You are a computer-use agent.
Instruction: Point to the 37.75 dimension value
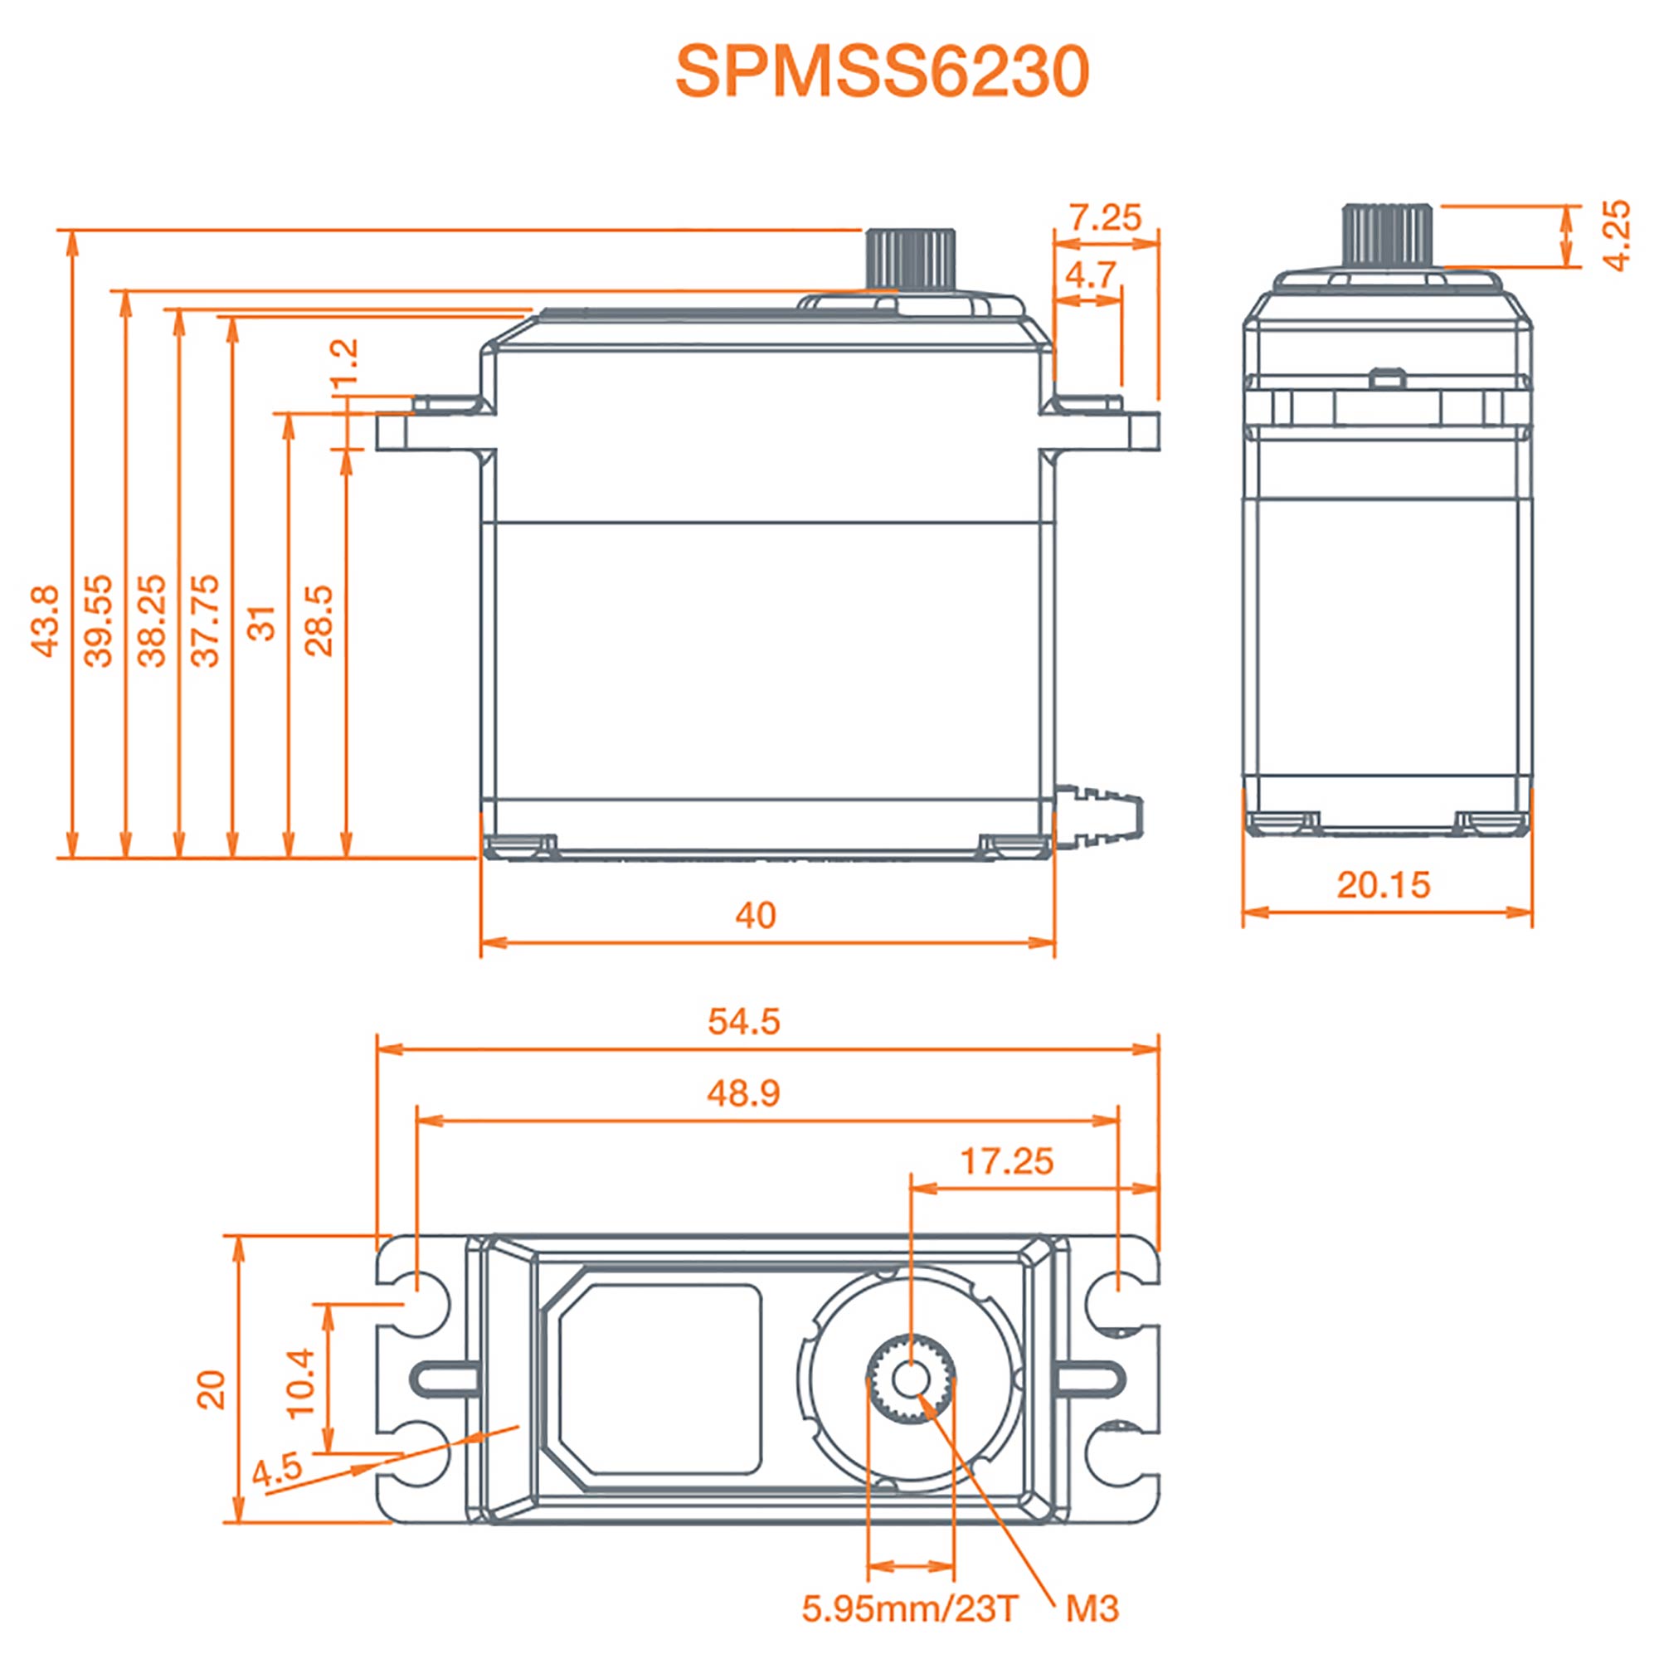(206, 620)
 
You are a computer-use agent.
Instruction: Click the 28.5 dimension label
(319, 620)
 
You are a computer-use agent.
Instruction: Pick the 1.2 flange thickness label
(344, 365)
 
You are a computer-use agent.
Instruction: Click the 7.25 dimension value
(1105, 218)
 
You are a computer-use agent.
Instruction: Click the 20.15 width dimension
(1384, 885)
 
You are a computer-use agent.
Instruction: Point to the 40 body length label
(756, 917)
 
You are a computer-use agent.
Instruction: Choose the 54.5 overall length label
(743, 1022)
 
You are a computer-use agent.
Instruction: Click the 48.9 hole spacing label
(743, 1094)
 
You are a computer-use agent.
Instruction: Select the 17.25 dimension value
(1006, 1162)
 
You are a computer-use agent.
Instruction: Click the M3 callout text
(1092, 1609)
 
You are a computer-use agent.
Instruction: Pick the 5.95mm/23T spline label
(910, 1609)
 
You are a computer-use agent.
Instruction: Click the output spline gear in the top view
(910, 1380)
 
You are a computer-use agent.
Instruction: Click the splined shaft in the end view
(1389, 236)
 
